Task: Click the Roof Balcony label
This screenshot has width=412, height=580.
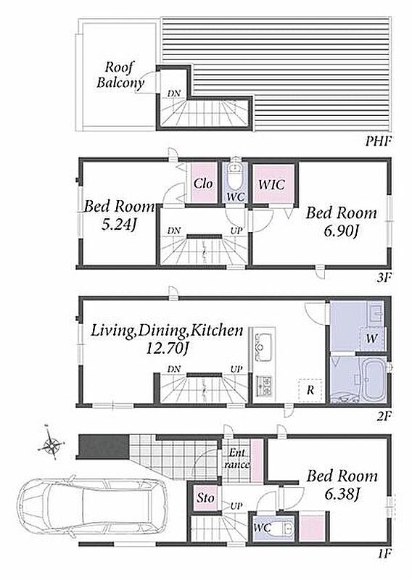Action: [120, 75]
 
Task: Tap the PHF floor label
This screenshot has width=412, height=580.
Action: [378, 141]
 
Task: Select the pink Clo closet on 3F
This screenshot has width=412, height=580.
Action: [204, 183]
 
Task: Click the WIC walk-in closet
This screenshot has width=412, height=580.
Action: [273, 184]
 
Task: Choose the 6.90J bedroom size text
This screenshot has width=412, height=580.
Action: [341, 231]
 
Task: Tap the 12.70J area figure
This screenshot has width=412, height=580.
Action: [165, 348]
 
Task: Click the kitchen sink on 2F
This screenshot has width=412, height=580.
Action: [263, 347]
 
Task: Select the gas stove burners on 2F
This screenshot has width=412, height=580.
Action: [264, 386]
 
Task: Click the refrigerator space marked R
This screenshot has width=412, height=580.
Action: [310, 390]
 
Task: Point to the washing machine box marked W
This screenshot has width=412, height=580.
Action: [371, 339]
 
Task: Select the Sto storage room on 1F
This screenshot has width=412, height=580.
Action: [205, 498]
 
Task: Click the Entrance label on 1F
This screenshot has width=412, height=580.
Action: [236, 458]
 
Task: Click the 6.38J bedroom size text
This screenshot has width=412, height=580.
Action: [342, 494]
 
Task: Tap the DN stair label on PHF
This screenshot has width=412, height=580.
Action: [173, 94]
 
